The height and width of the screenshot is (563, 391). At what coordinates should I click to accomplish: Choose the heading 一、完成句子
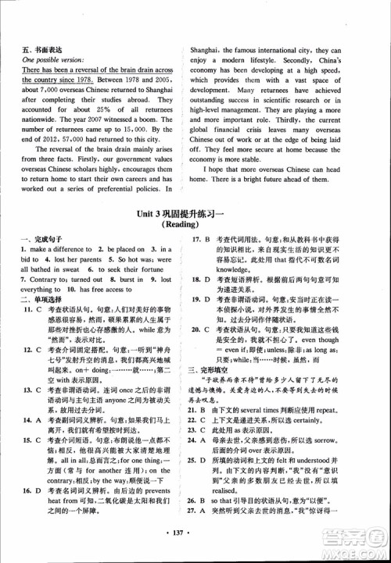(x=38, y=279)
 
